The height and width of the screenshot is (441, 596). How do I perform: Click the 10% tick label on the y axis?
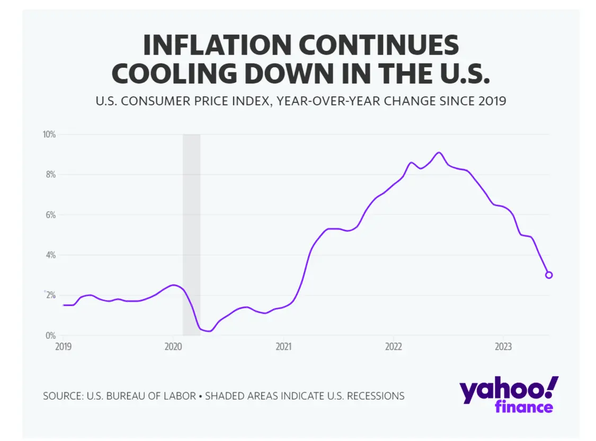click(49, 134)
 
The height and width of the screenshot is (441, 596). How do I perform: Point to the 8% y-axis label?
click(50, 175)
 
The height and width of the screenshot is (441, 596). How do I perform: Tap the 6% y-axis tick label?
click(50, 215)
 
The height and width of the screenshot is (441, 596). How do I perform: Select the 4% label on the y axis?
click(50, 255)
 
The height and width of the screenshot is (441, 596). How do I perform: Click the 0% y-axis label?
click(50, 336)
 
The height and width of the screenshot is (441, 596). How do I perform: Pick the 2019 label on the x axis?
click(63, 347)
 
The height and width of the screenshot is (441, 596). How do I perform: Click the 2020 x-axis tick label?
click(173, 347)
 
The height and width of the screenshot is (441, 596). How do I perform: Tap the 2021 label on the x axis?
click(283, 347)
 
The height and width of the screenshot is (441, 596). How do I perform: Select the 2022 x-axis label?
click(393, 347)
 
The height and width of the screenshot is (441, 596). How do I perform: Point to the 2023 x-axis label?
click(503, 347)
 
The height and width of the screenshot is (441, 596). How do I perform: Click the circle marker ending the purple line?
click(549, 275)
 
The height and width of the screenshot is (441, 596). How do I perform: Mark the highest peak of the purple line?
click(439, 152)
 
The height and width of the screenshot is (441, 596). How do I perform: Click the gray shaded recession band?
click(191, 233)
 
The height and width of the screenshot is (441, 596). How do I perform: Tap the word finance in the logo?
click(524, 407)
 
